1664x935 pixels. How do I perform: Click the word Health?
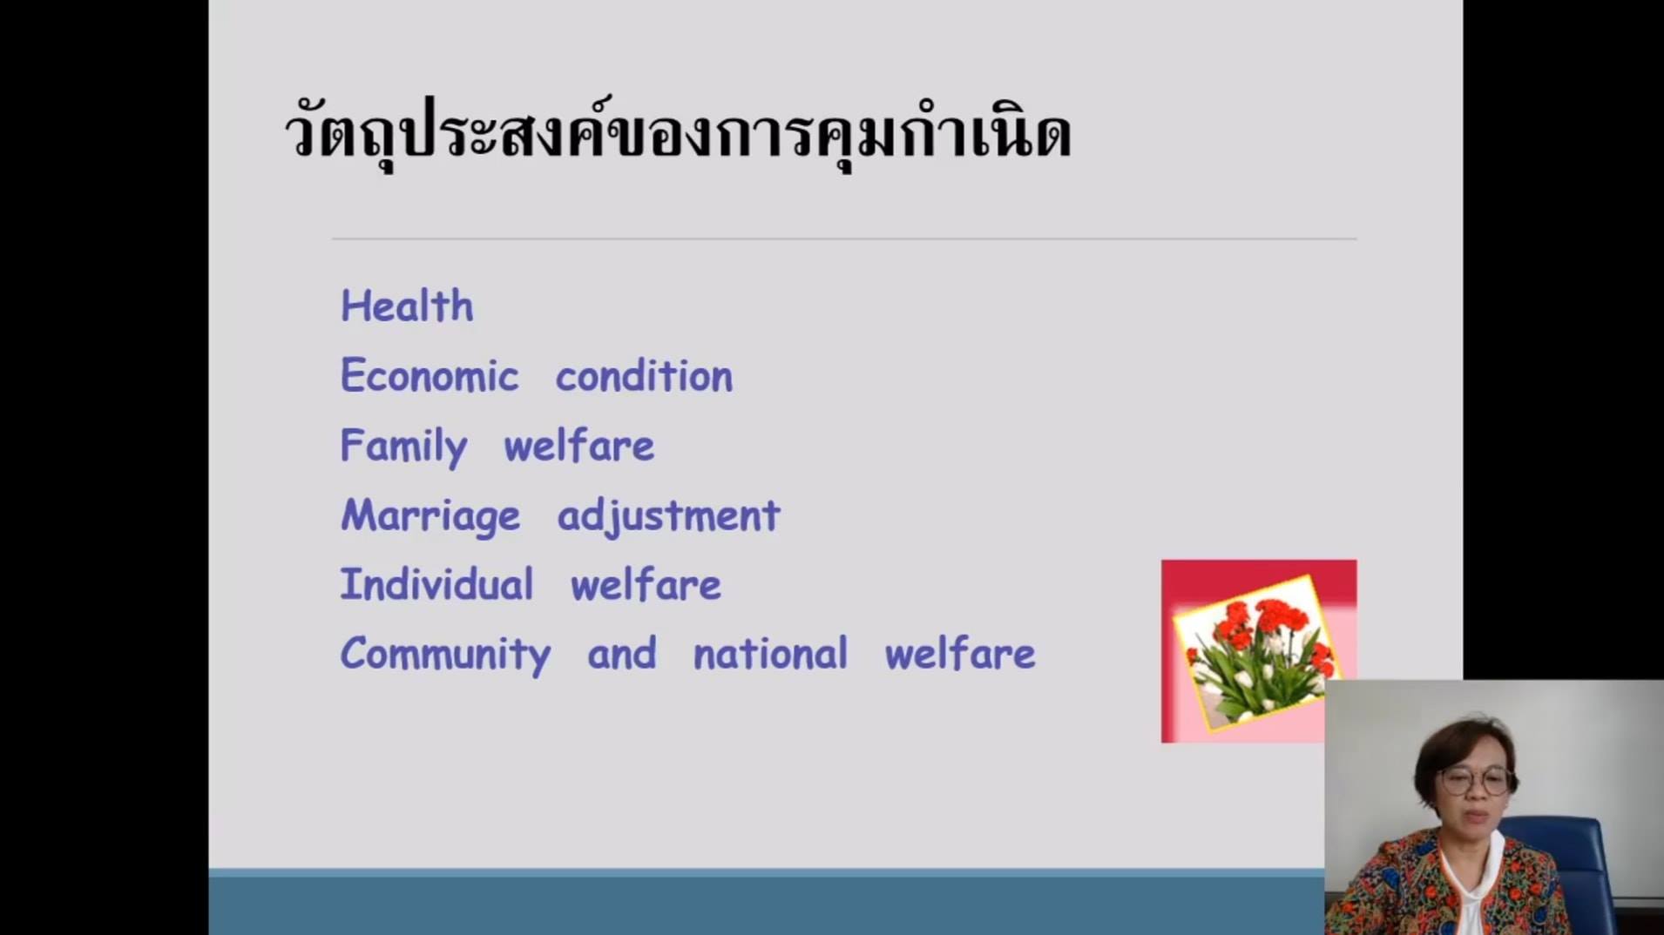coord(407,306)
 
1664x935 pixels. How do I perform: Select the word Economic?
coord(430,376)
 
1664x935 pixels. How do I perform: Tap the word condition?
coord(645,376)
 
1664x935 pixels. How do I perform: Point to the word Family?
coord(403,447)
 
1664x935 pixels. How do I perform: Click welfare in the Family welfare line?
coord(579,446)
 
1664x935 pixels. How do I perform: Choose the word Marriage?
coord(430,517)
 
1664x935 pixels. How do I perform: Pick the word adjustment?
coord(669,517)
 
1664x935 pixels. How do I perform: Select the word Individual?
coord(436,584)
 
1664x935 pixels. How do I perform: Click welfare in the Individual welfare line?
coord(646,584)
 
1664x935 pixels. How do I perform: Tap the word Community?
coord(445,656)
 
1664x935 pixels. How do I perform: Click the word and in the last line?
coord(622,654)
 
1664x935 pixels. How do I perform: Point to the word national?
coord(770,654)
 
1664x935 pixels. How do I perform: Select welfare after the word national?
coord(960,654)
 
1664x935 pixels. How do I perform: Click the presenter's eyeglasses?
coord(1477,780)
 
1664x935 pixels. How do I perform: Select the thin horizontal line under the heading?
coord(844,239)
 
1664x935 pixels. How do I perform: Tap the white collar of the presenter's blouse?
coord(1472,879)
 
